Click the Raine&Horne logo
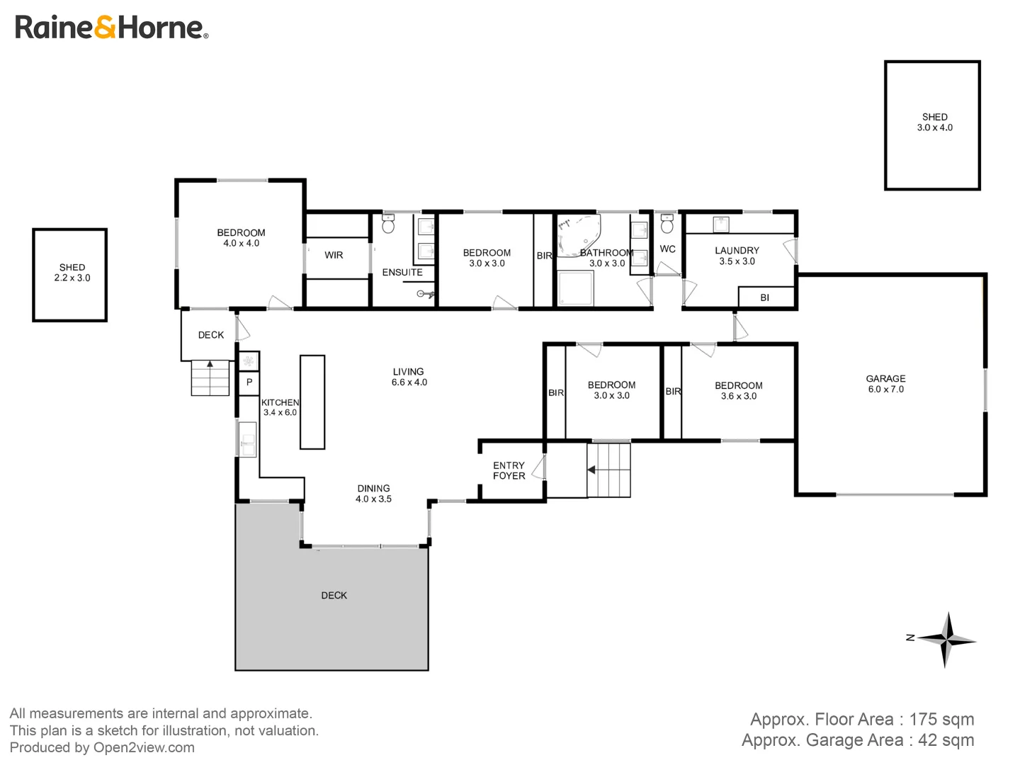(x=111, y=28)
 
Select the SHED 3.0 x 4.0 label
(x=934, y=123)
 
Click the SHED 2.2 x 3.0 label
(x=72, y=273)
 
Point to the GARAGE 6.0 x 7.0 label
(x=885, y=384)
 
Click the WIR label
(x=334, y=255)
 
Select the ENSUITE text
(x=402, y=273)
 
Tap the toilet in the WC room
(x=667, y=225)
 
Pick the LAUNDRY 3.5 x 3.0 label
(x=737, y=256)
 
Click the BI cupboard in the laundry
(x=765, y=297)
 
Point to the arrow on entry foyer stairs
(x=591, y=470)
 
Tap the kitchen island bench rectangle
(x=312, y=402)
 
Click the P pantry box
(x=249, y=382)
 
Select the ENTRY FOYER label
(x=509, y=471)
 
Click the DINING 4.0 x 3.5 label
(x=373, y=494)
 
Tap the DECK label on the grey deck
(x=334, y=596)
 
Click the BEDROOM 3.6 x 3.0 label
(x=738, y=391)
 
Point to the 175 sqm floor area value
(x=941, y=720)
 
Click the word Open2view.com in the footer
(x=144, y=748)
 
